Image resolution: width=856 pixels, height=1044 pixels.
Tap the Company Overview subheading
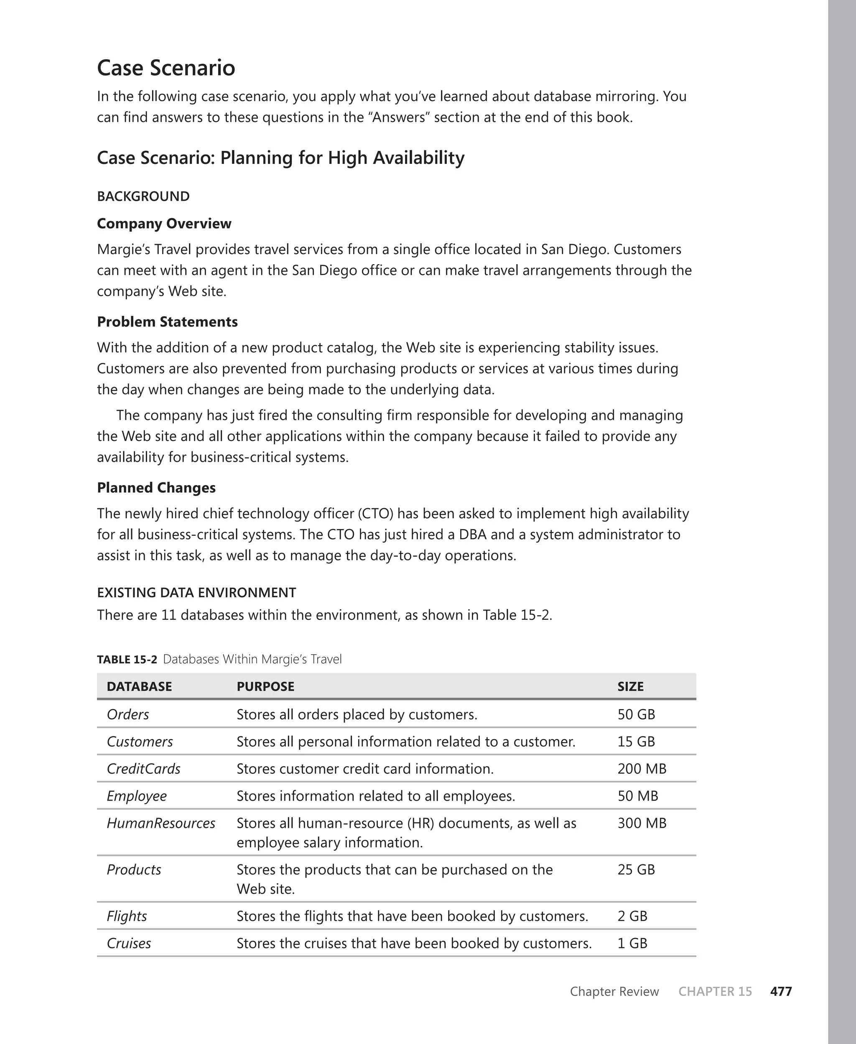coord(164,223)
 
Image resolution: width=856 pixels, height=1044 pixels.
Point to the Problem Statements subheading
coord(167,321)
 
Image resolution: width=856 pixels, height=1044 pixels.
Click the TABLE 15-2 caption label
coord(127,659)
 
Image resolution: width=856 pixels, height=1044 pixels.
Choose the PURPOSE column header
coord(265,686)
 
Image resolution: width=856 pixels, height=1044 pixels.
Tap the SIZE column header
coord(630,686)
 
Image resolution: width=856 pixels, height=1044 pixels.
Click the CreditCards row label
coord(143,769)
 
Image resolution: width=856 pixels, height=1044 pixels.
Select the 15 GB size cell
coord(636,741)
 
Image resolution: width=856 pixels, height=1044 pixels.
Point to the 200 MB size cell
coord(642,769)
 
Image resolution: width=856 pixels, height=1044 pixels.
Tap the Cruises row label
coord(129,943)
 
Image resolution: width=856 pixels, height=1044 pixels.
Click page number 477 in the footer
coord(781,991)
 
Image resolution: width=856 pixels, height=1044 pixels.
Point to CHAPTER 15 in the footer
coord(715,991)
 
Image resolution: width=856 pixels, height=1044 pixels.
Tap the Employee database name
coord(137,796)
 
